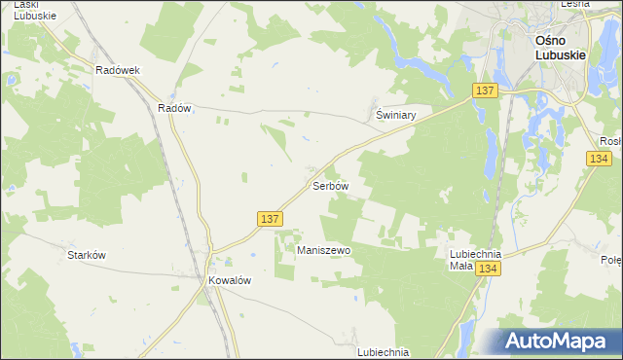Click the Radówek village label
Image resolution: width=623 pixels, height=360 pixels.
[x=119, y=70]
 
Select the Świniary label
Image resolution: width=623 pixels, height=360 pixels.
[x=396, y=114]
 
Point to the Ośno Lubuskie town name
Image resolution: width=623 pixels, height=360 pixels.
[x=560, y=48]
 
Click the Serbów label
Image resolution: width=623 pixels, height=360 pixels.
[x=329, y=185]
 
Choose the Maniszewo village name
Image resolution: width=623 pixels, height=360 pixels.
[x=323, y=250]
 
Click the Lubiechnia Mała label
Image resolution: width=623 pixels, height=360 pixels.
[x=474, y=259]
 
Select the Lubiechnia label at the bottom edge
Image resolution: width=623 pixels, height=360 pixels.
[x=383, y=352]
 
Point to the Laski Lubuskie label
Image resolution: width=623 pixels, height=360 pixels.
[x=29, y=10]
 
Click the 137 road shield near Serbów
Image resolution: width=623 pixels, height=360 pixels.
[x=272, y=220]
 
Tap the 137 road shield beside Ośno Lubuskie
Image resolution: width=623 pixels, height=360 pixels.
[x=487, y=90]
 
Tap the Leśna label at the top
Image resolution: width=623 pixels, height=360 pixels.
[x=575, y=5]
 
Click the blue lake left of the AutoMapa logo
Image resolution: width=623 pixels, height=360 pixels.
[x=464, y=337]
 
